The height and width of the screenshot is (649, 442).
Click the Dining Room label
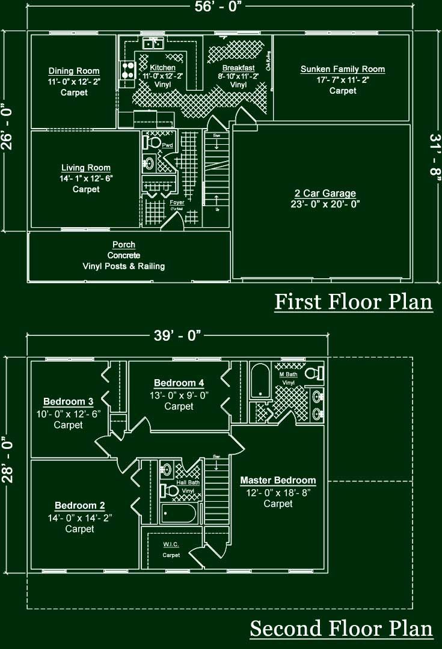click(x=74, y=71)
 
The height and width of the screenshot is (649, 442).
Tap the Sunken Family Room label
click(x=343, y=69)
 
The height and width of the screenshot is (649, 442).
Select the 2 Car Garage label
click(x=325, y=193)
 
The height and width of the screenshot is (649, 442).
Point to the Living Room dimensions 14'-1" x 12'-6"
click(x=86, y=178)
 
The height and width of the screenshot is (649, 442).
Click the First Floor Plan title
click(x=354, y=302)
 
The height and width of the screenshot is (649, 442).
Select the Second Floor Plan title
click(x=341, y=629)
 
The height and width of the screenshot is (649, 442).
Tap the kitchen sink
click(x=153, y=43)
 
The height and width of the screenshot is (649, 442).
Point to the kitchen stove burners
click(x=127, y=71)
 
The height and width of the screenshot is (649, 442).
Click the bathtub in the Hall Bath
click(x=179, y=514)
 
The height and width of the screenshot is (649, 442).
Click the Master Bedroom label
click(x=278, y=480)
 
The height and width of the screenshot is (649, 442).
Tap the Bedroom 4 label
click(x=179, y=383)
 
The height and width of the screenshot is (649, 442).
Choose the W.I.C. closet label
click(x=171, y=544)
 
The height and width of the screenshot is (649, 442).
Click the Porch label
click(x=124, y=245)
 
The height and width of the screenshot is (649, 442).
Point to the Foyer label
click(x=177, y=203)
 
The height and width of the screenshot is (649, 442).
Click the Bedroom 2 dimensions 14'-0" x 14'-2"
click(x=80, y=517)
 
